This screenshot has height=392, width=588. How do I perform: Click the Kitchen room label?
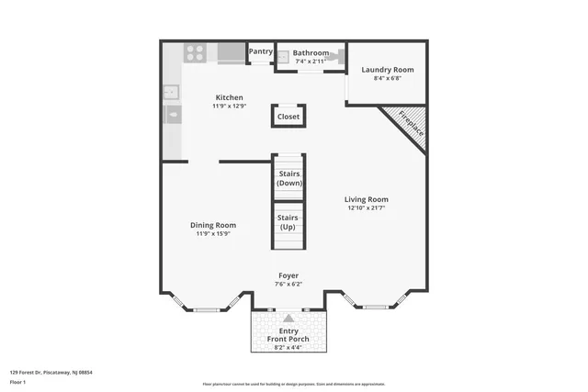coord(229,97)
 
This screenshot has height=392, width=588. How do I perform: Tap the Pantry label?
coord(260,51)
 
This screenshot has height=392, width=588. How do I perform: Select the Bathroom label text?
coord(311,53)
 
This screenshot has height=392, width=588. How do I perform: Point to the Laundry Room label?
coord(387,70)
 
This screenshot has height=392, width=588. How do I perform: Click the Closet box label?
coord(288,117)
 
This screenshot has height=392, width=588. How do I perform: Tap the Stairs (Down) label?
coord(288,178)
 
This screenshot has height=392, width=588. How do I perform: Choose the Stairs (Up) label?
coord(288,221)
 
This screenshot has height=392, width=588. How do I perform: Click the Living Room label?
coord(367,199)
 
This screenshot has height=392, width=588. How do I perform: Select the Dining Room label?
coord(213,225)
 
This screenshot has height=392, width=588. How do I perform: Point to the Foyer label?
coord(288,275)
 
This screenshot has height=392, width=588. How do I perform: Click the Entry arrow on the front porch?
coord(288,318)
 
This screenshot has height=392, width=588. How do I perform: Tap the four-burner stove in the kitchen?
coord(194,53)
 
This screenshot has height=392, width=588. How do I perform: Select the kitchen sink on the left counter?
coord(171,92)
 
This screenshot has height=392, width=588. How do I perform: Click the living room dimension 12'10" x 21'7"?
coord(367,208)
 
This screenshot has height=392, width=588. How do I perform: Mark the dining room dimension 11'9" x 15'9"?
coord(213,234)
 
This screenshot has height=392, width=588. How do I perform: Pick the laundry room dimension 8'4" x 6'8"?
coord(387,79)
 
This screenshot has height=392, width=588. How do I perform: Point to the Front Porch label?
coord(288,339)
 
